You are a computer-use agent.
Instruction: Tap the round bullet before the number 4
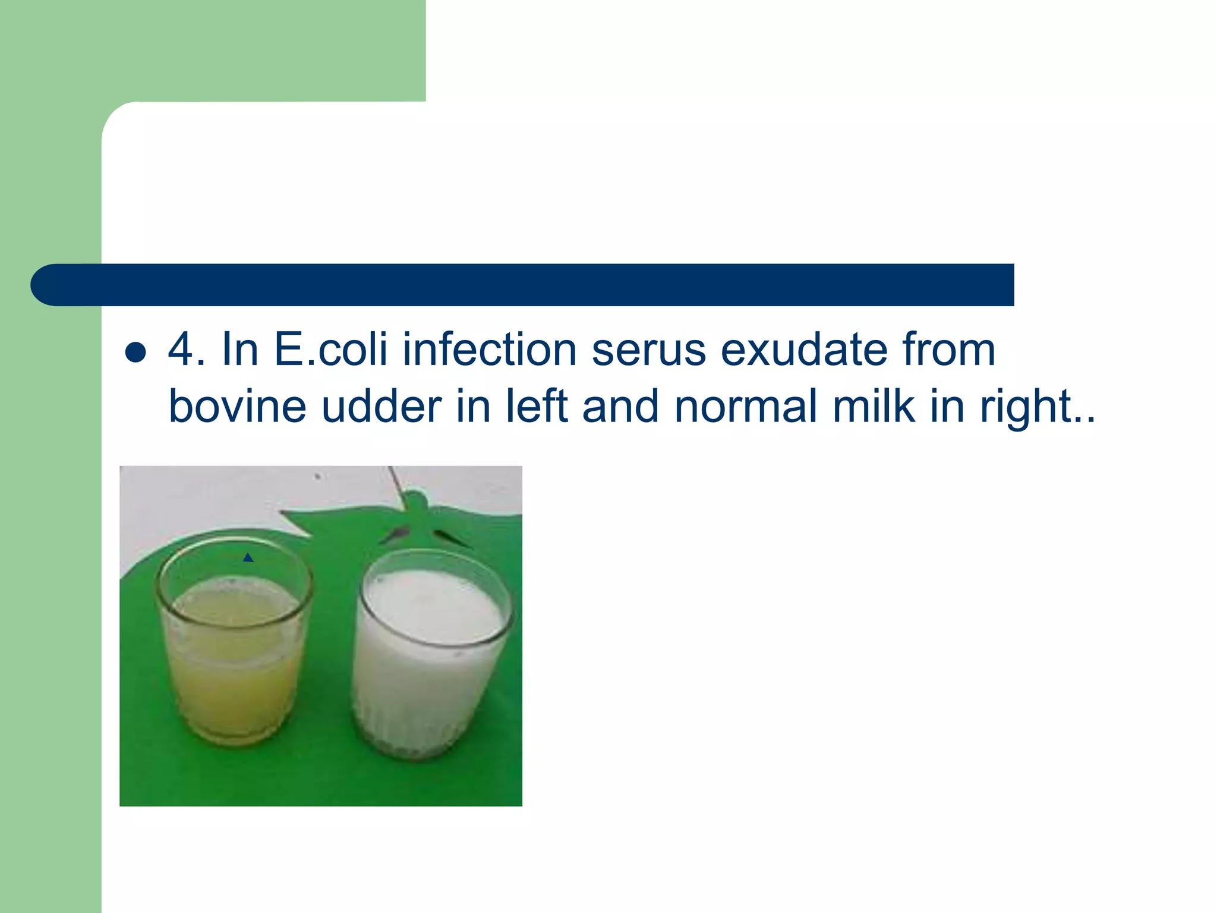point(136,352)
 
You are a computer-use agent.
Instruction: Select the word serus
point(648,350)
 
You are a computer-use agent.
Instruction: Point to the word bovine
point(237,407)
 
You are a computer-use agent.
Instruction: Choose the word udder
point(381,407)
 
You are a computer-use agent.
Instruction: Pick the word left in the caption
point(537,407)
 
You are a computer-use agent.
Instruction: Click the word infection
point(489,350)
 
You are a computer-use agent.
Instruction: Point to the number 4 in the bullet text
point(181,350)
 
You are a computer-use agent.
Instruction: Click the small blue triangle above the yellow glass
point(248,558)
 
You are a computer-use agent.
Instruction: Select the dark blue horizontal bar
point(523,285)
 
